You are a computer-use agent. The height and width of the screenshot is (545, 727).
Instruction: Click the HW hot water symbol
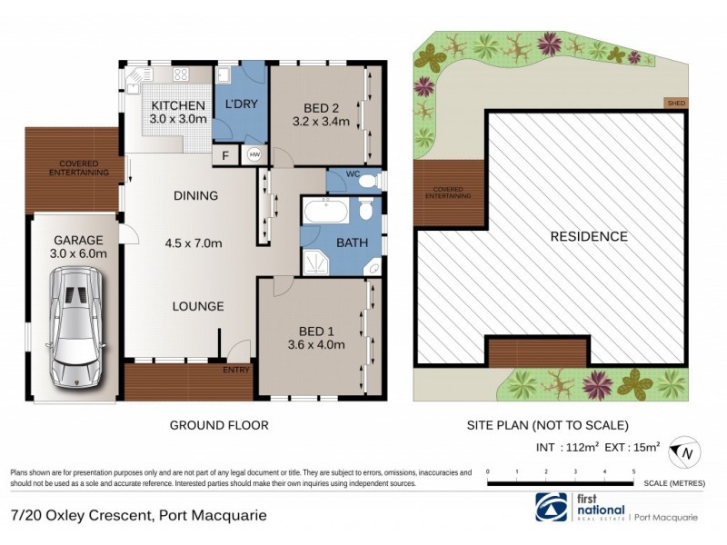pos(254,155)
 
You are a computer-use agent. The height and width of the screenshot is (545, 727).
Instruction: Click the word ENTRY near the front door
pos(235,370)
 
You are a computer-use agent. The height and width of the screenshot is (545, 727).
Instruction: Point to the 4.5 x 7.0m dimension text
pos(193,243)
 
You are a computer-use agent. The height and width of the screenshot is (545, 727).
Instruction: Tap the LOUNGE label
pos(198,306)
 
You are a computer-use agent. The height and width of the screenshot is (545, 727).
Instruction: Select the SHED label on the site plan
pos(676,104)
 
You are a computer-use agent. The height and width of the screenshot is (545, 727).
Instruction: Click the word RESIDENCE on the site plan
pos(589,236)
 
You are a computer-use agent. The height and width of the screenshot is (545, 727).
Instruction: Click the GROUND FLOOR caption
pos(219,424)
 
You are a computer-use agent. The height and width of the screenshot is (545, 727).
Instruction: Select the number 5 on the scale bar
pos(633,472)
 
